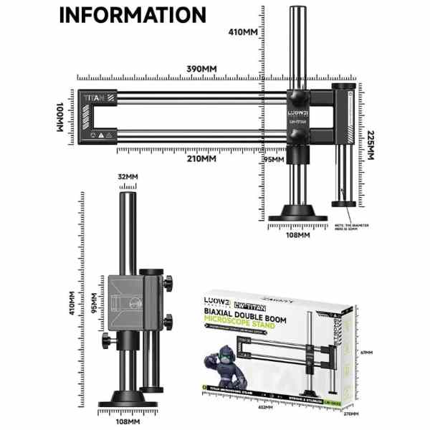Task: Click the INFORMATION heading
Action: [132, 16]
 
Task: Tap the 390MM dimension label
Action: [201, 68]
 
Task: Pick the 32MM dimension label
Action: [128, 176]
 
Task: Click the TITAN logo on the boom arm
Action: [94, 97]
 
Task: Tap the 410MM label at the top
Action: [243, 32]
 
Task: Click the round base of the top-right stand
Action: [300, 213]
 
